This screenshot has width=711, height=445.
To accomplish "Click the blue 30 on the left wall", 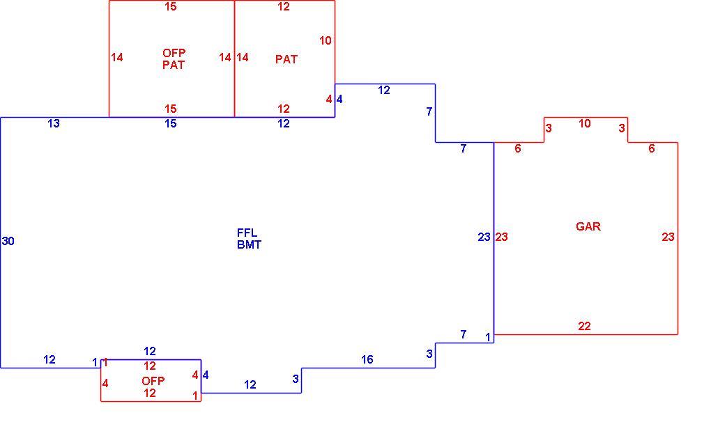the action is (8, 241).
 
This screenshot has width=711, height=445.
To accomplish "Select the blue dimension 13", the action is (54, 123).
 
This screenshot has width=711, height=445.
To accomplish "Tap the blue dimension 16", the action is (367, 359).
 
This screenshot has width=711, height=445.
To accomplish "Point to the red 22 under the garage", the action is (584, 326).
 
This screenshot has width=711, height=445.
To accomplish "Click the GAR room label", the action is (588, 226).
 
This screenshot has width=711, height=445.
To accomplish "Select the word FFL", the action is (247, 233).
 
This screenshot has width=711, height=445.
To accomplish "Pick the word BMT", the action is (249, 244).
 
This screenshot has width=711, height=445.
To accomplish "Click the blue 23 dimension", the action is (484, 237).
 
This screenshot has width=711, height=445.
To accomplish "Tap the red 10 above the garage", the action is (585, 123).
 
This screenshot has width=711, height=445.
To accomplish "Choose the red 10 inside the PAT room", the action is (325, 41).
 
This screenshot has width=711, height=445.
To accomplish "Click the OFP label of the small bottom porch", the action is (153, 381).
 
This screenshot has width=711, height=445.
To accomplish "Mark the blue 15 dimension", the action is (170, 124).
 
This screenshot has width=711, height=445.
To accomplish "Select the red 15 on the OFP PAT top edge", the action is (171, 7).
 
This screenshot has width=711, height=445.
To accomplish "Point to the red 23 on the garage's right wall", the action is (668, 237).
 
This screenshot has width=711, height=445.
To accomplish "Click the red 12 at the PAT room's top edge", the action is (284, 7).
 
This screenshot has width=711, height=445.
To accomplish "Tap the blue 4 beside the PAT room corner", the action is (339, 100).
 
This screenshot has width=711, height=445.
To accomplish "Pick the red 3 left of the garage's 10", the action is (548, 128).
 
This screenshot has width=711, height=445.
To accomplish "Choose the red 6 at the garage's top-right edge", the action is (651, 148).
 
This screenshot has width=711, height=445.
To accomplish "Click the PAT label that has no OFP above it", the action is (286, 59).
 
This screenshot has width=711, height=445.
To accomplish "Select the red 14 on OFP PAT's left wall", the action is (117, 58).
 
